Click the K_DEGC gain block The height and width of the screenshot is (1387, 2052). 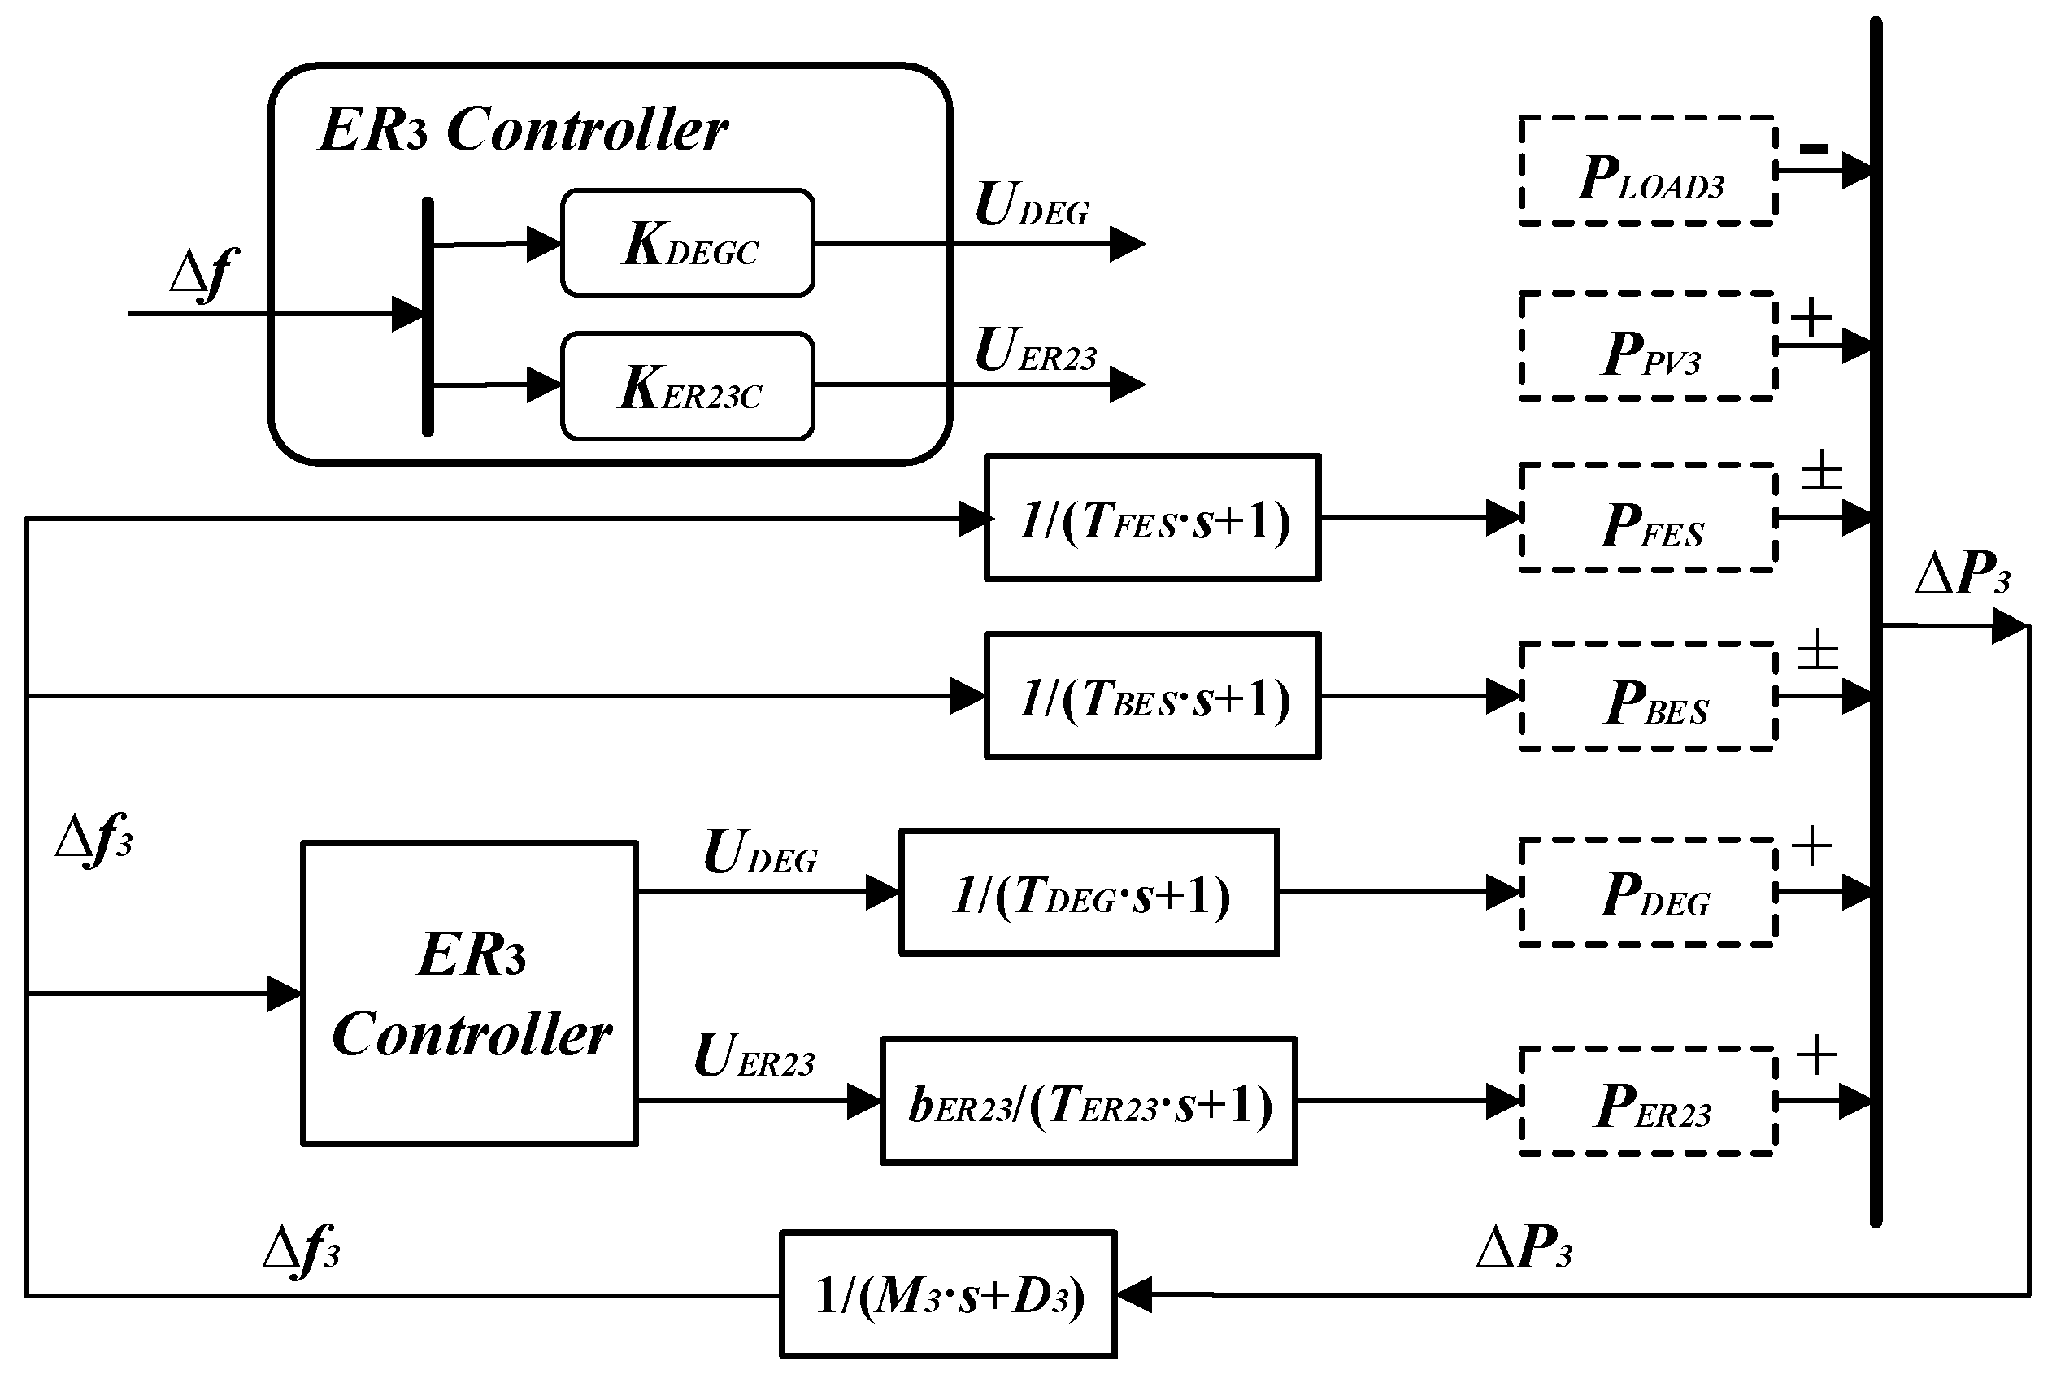pyautogui.click(x=687, y=243)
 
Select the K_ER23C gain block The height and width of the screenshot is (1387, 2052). pyautogui.click(x=687, y=386)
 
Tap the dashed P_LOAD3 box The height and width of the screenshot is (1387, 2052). pyautogui.click(x=1648, y=172)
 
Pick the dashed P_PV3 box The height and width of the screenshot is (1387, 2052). pyautogui.click(x=1648, y=346)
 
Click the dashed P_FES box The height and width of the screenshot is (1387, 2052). pyautogui.click(x=1648, y=518)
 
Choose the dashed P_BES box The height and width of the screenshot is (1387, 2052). pyautogui.click(x=1648, y=697)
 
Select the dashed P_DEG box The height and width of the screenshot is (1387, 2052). pyautogui.click(x=1648, y=893)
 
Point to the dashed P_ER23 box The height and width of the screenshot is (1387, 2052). pyautogui.click(x=1648, y=1102)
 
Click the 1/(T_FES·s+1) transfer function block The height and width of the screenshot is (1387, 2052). pyautogui.click(x=1152, y=518)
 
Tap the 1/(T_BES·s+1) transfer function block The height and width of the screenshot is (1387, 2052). pyautogui.click(x=1152, y=696)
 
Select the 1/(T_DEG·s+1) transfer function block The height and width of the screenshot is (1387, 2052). pyautogui.click(x=1089, y=893)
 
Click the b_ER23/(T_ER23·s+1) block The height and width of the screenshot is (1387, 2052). pyautogui.click(x=1089, y=1102)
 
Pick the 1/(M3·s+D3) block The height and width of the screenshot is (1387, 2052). pyautogui.click(x=948, y=1294)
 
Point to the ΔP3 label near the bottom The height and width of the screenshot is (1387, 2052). pyautogui.click(x=1524, y=1247)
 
